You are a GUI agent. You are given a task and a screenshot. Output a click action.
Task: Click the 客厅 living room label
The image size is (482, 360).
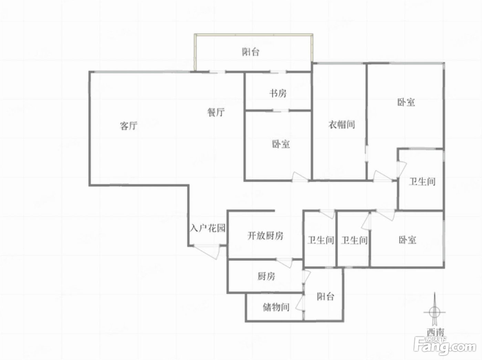(x=128, y=126)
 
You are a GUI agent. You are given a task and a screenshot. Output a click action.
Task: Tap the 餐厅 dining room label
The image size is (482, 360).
(x=216, y=113)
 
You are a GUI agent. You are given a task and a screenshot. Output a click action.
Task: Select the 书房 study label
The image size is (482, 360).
(x=278, y=94)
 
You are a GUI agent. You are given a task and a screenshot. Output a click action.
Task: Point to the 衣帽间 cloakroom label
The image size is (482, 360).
(x=342, y=125)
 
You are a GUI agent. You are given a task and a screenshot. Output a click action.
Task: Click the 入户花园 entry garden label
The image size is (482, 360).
(x=208, y=228)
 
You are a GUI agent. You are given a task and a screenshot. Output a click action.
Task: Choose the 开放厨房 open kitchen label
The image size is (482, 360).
(x=265, y=236)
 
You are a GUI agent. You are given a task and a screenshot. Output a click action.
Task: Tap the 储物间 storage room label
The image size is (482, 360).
(x=276, y=307)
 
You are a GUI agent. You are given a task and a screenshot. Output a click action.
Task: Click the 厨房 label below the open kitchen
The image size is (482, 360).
(x=266, y=276)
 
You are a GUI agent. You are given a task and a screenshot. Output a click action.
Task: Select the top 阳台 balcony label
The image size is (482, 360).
(x=251, y=52)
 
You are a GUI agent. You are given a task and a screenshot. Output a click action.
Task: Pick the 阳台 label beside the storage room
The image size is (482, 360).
(x=326, y=297)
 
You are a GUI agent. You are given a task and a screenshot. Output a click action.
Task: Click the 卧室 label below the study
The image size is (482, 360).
(x=281, y=144)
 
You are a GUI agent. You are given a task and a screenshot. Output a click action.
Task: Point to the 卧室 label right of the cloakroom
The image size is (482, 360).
(x=406, y=102)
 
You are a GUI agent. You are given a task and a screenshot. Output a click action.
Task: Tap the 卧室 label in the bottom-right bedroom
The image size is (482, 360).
(x=408, y=240)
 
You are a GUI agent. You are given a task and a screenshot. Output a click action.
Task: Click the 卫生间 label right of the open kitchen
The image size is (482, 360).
(x=321, y=240)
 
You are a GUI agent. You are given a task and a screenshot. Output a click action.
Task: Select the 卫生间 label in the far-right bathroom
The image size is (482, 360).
(x=422, y=182)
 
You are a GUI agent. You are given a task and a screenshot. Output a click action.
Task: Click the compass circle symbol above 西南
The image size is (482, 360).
(x=435, y=312)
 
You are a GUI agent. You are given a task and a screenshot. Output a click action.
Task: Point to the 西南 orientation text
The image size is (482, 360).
(x=436, y=332)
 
